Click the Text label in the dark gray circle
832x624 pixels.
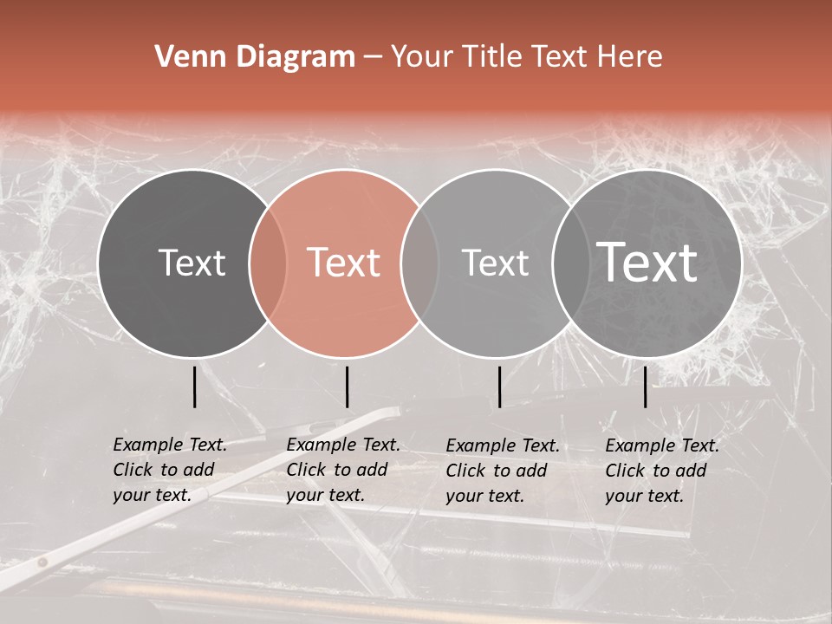click(x=192, y=263)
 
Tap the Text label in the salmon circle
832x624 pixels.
click(x=344, y=263)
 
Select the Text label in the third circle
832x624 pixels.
click(x=496, y=263)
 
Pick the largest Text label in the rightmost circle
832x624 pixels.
click(x=647, y=263)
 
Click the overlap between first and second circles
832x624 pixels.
click(x=268, y=263)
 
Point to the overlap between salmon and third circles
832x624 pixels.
click(x=419, y=263)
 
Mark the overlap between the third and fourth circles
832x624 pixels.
click(x=570, y=263)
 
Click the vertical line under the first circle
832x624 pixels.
click(x=195, y=387)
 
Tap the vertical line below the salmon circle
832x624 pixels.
click(x=348, y=387)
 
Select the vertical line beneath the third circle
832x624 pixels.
click(x=500, y=387)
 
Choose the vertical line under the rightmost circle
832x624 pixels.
click(x=646, y=387)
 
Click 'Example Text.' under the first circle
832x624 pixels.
click(x=170, y=445)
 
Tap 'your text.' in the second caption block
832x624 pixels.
click(x=325, y=495)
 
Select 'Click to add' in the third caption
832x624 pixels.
click(x=497, y=471)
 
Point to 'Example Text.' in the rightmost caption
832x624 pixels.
click(x=662, y=445)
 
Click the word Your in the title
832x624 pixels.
click(x=423, y=57)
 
